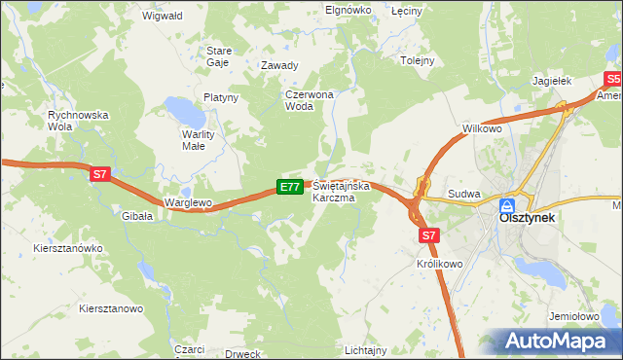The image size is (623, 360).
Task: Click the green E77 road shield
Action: coord(289,186)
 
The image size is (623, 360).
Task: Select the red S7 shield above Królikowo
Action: coord(430,234)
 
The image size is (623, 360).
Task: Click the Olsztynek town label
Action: coord(527,219)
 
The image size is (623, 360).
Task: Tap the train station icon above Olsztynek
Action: coord(507,205)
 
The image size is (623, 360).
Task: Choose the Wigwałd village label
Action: coord(163,17)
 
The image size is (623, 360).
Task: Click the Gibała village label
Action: coord(135,216)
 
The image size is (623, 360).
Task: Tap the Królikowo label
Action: coord(439,264)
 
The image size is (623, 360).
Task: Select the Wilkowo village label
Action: coord(481,128)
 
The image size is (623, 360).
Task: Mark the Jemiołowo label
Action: coord(572,317)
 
